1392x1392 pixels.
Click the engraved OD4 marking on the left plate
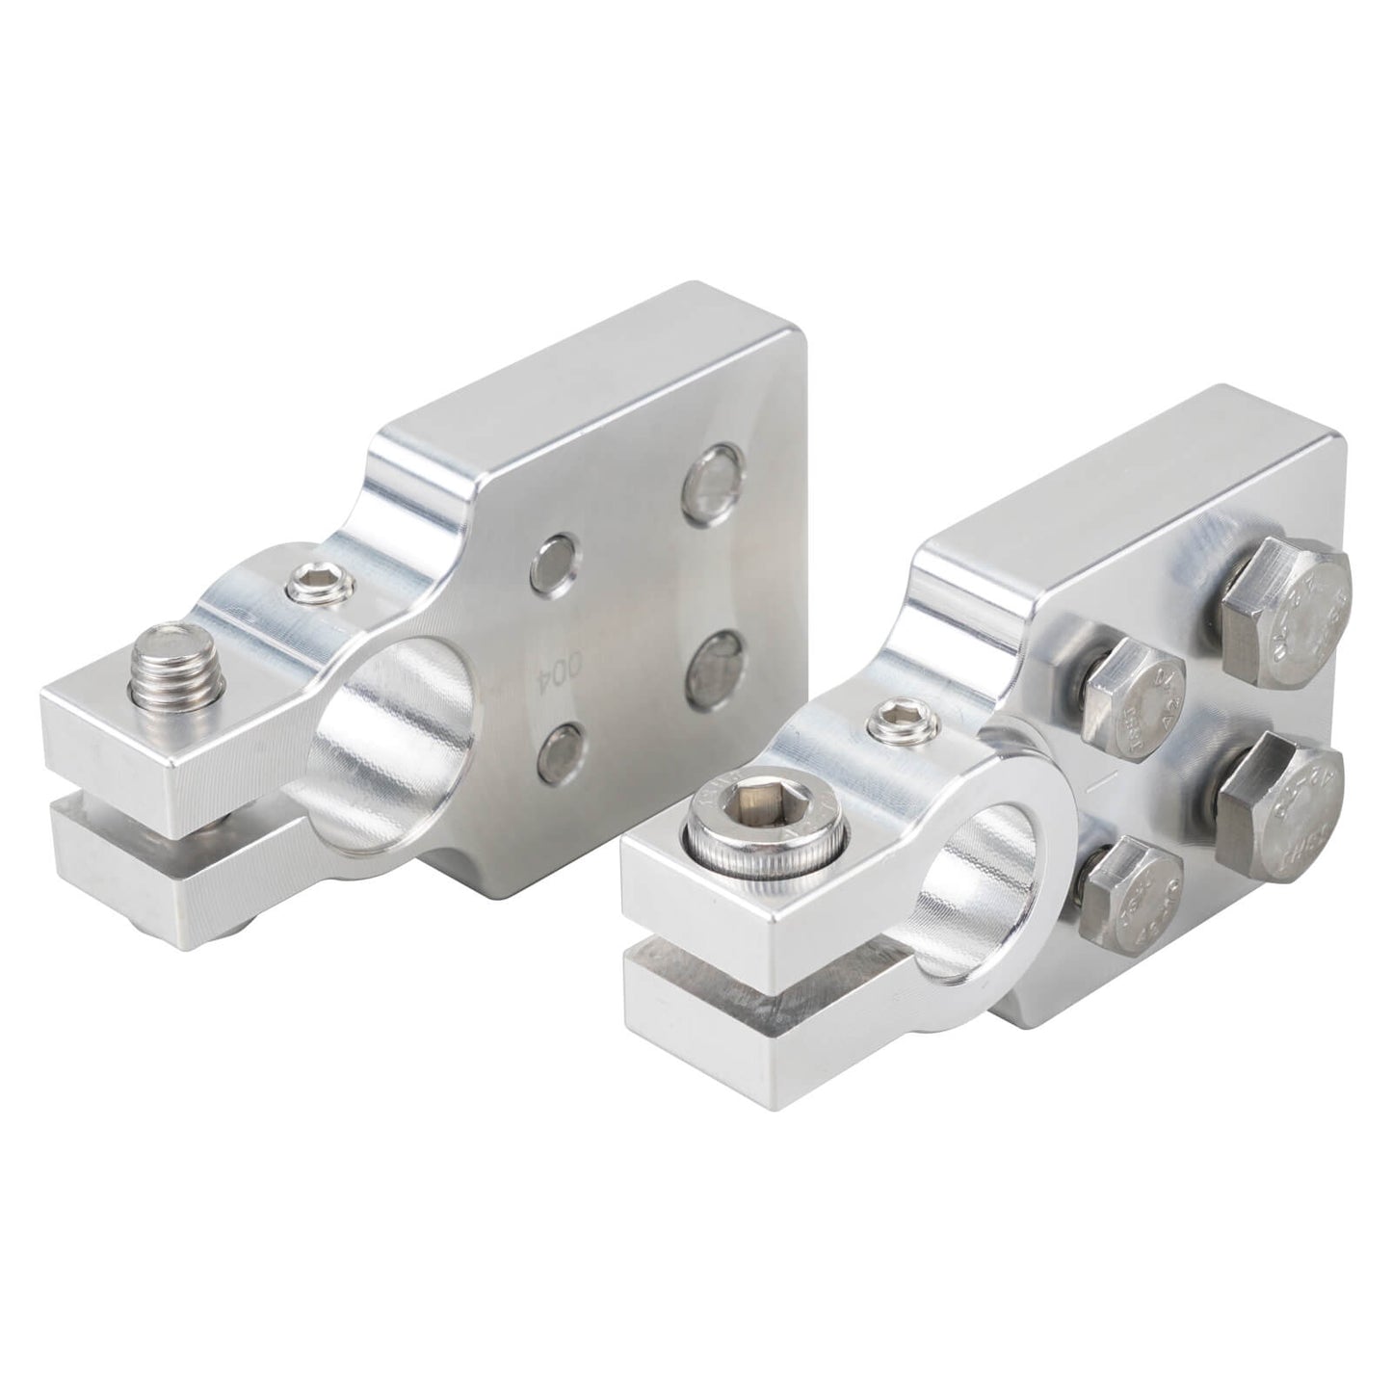tap(550, 666)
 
